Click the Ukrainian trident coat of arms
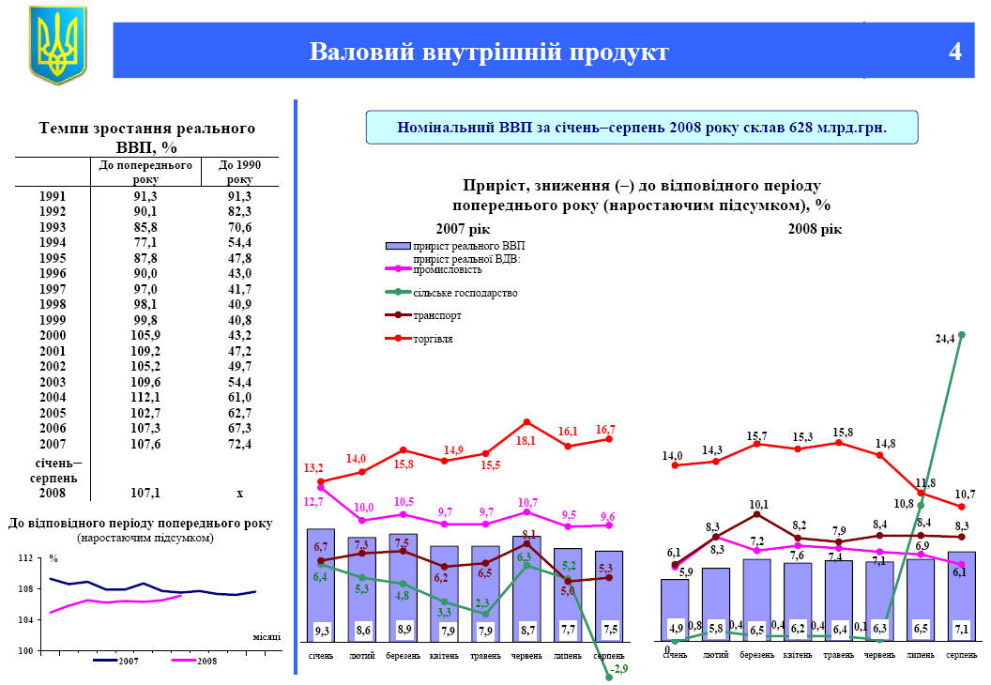pos(57,45)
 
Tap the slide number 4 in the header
pos(954,52)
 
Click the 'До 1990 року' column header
pos(239,172)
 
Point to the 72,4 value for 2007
pos(239,444)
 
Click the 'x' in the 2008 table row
pos(239,492)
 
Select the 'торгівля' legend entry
pos(433,339)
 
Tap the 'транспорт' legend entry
pos(437,316)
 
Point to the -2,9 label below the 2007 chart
pos(620,668)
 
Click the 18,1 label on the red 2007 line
pos(526,440)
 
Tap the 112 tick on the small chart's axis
pos(26,558)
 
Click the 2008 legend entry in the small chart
pos(206,662)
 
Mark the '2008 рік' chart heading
pos(814,229)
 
